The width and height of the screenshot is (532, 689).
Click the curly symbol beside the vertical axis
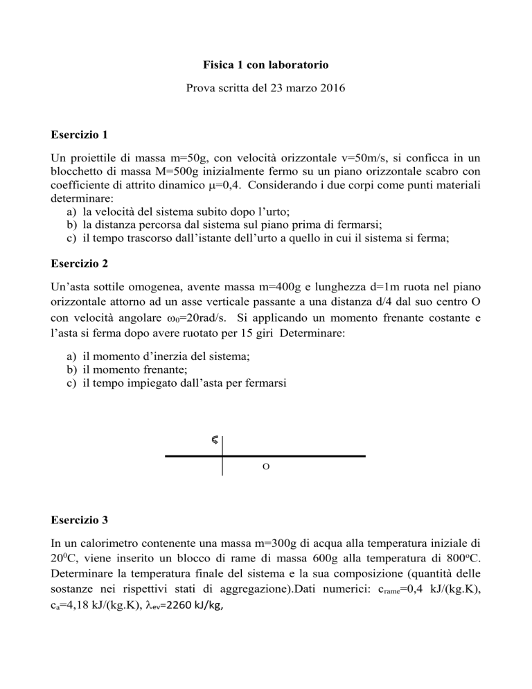coord(214,439)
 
